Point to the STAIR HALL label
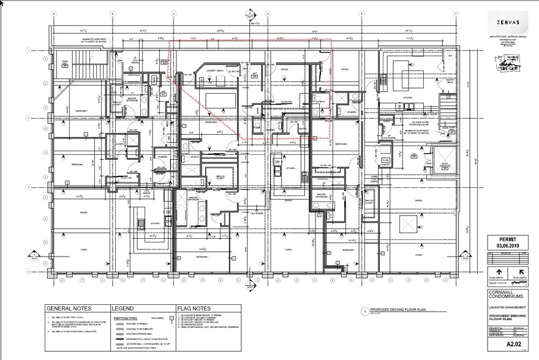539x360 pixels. click(65, 62)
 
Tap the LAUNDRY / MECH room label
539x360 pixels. click(214, 70)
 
